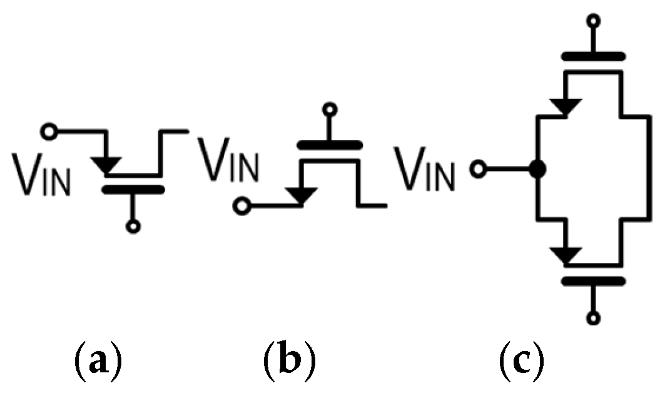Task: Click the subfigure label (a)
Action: (x=97, y=360)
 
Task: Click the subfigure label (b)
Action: (x=289, y=360)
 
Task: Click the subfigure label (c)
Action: (x=521, y=360)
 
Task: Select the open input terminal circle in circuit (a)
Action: (x=48, y=131)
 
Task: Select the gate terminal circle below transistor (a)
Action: (x=132, y=227)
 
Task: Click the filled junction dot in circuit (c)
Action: (x=537, y=169)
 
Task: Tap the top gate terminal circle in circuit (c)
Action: (x=593, y=21)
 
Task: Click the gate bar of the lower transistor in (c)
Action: (x=593, y=280)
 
